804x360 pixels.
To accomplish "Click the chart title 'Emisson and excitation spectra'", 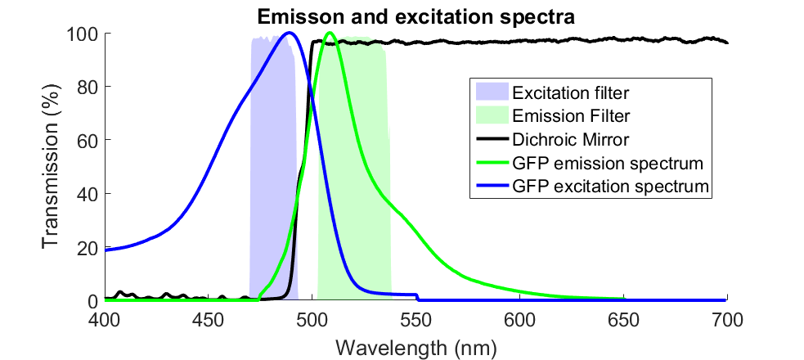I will point(415,16).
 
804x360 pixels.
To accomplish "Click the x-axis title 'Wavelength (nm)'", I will point(415,347).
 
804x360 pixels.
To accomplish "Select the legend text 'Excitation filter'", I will point(564,89).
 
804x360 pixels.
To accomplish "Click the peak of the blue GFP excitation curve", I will point(289,34).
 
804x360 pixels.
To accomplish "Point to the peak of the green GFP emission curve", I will point(330,34).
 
